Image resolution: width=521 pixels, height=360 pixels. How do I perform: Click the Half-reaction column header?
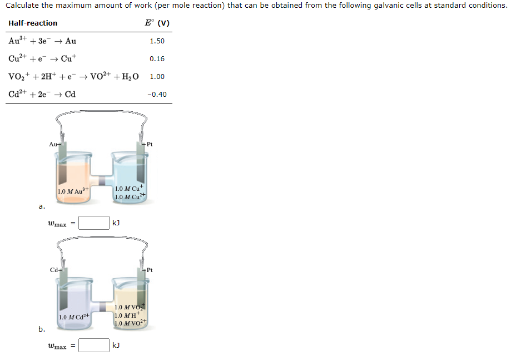coord(33,23)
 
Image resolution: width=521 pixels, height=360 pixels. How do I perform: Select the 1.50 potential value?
coord(157,41)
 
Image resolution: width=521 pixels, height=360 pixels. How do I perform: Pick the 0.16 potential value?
coord(157,59)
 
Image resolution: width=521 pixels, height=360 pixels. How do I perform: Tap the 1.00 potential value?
coord(157,77)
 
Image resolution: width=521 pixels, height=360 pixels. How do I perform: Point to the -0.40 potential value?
coord(157,95)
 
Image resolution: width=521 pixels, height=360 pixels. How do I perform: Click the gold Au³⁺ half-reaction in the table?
coord(43,41)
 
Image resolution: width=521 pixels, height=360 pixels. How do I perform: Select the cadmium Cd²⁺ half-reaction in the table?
coord(42,95)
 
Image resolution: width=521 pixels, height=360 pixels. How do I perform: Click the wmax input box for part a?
coord(93,223)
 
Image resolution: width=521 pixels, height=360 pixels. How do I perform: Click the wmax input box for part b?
coord(93,346)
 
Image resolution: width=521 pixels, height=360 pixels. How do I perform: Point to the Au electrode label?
coord(53,144)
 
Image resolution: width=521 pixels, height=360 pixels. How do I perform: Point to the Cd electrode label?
coord(54,270)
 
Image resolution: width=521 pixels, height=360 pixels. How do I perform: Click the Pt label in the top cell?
coord(149,145)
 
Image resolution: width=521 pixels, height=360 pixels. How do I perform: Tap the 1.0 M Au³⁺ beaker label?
coord(73,192)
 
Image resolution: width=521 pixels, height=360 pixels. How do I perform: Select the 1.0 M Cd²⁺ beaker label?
coord(74,317)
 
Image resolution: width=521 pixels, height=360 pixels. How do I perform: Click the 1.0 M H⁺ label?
coord(128,315)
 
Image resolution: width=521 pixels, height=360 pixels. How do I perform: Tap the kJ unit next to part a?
coord(116,223)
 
